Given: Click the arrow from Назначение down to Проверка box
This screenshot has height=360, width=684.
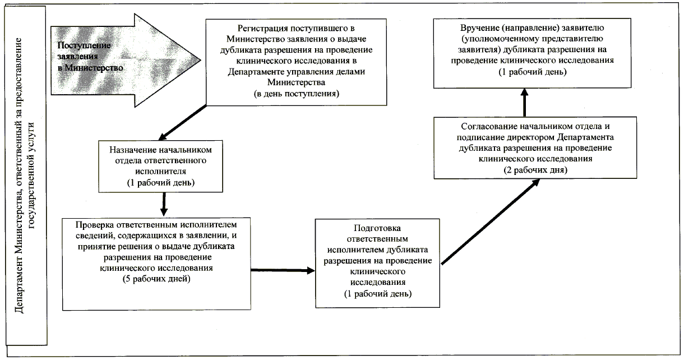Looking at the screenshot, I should click(163, 204).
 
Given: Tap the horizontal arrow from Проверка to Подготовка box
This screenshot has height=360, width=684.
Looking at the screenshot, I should click(282, 270).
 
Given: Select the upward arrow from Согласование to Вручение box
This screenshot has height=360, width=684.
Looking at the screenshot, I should click(525, 103).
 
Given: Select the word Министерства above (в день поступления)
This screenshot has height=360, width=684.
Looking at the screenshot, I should click(295, 82).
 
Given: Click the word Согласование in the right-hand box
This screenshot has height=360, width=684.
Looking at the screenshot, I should click(483, 127).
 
